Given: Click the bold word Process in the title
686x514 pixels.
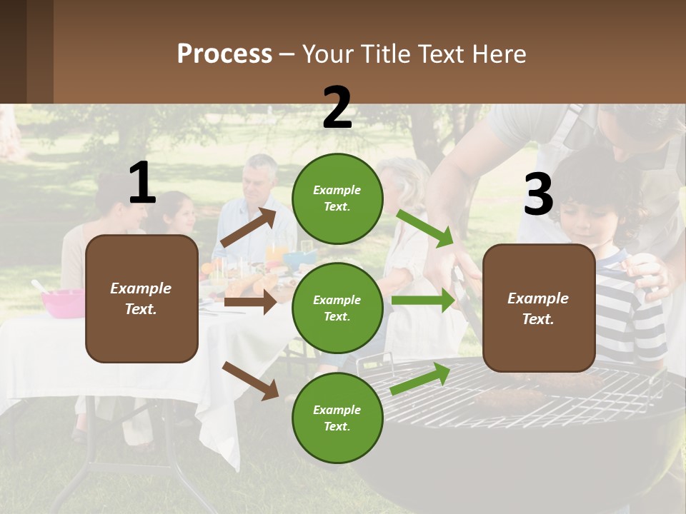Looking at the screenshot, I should click(x=224, y=54).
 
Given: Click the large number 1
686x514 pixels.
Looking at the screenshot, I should click(x=142, y=183).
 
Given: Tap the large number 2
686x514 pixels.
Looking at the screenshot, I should click(x=337, y=108).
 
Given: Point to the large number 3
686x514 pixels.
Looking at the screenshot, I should click(x=538, y=195).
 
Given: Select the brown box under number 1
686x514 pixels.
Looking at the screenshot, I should click(x=141, y=298).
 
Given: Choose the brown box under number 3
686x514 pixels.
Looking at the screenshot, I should click(x=539, y=308).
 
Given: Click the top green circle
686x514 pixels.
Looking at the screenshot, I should click(x=337, y=198).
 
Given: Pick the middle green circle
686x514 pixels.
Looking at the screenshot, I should click(x=337, y=308).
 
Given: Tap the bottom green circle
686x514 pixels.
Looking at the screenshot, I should click(x=337, y=418).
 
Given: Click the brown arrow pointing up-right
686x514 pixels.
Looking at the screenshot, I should click(x=248, y=228).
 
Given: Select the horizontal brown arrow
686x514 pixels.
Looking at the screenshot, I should click(x=250, y=302).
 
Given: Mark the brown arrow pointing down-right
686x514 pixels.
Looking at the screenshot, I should click(x=251, y=380).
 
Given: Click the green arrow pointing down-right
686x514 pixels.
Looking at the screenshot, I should click(x=426, y=228).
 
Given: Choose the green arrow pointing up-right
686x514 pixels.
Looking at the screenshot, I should click(x=420, y=379).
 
